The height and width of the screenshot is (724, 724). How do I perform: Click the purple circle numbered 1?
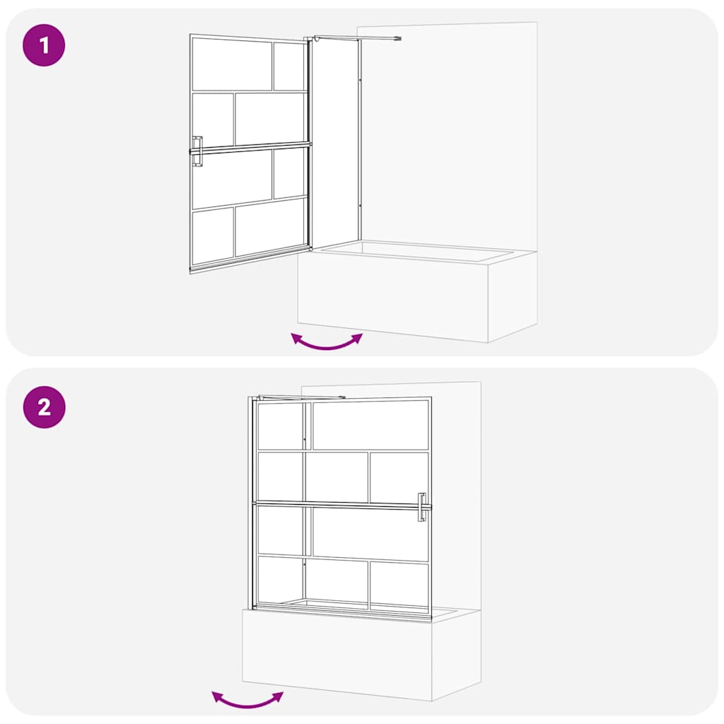pos(44,46)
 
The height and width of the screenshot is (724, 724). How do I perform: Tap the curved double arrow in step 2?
pos(247,700)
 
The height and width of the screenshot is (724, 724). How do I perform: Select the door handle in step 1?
pos(197,151)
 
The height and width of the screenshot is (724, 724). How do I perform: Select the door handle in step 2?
pos(422,507)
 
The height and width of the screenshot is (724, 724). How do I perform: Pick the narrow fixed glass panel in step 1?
pos(336,141)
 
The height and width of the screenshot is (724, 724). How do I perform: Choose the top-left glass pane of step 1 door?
pos(232,64)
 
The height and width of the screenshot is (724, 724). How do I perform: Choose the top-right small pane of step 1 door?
pos(288,66)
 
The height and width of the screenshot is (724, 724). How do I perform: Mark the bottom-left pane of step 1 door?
pos(212,235)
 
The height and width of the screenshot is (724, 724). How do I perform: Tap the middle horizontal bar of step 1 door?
pos(251,148)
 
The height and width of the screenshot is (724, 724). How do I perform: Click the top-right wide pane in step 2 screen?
pos(370,425)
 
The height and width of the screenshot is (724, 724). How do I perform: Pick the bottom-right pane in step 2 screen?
pos(399,583)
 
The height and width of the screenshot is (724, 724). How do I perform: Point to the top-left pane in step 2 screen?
pos(280,426)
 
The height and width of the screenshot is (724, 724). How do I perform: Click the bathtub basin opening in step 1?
pos(417,250)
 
